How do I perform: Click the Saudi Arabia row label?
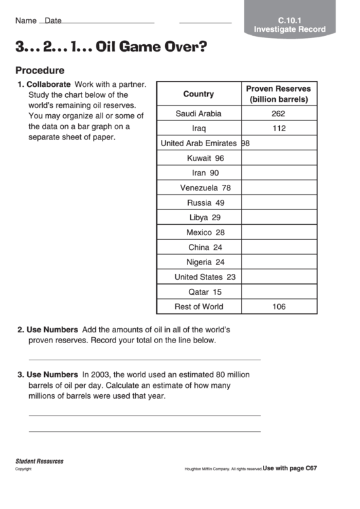coord(198,113)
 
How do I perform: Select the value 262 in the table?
coord(278,113)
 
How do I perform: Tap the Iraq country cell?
coord(198,128)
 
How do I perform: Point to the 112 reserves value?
coord(278,128)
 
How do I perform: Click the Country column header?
coord(198,94)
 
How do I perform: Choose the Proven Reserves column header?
coord(278,94)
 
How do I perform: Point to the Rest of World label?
coord(198,306)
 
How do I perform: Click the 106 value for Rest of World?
coord(278,306)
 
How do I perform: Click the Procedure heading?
coord(40,70)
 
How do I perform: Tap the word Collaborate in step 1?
coord(48,84)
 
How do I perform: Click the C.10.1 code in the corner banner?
coord(289,20)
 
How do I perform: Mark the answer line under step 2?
coord(144,359)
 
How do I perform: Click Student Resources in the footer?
coord(39,461)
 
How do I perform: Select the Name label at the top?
coord(26,21)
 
